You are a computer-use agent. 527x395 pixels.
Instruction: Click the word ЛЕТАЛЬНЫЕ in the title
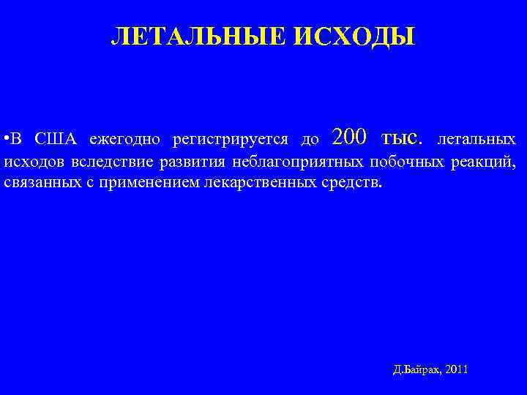pyautogui.click(x=199, y=36)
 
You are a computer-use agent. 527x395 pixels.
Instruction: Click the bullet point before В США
pyautogui.click(x=6, y=139)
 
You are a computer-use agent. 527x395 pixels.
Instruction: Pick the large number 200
pyautogui.click(x=349, y=137)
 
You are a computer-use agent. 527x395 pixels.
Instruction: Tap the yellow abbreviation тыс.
pyautogui.click(x=402, y=137)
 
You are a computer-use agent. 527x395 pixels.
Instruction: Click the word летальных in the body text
pyautogui.click(x=476, y=139)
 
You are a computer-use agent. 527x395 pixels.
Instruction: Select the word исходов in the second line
pyautogui.click(x=34, y=162)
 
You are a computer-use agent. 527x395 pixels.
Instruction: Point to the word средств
pyautogui.click(x=352, y=182)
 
